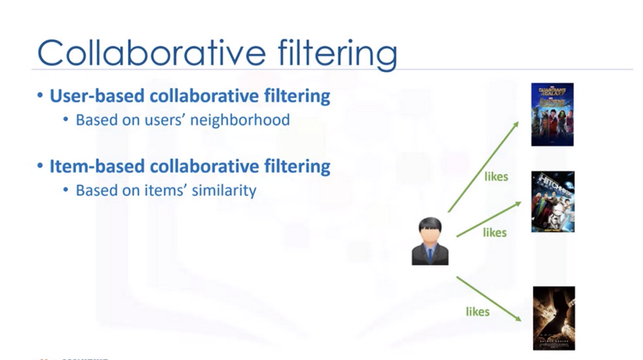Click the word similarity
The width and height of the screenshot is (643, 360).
pos(226,190)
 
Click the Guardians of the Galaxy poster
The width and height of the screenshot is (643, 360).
pos(552,114)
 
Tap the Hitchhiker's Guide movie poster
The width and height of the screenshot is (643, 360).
pos(553,201)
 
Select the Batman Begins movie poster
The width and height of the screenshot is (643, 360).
pos(554,318)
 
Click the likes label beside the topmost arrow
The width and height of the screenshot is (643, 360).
pos(496,177)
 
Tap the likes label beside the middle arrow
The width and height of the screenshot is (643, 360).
pos(494,233)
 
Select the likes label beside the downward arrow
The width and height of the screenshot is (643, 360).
pos(477,312)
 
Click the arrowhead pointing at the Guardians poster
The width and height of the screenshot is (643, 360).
pos(515,125)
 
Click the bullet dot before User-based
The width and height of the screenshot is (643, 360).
pos(40,96)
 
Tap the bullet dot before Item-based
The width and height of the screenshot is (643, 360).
pos(40,166)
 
